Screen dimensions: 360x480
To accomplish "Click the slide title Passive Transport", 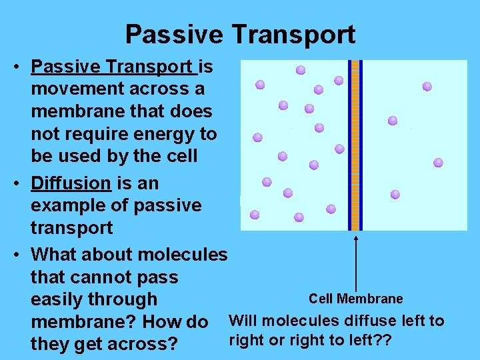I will click(x=240, y=34).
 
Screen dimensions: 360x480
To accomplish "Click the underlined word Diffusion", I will click(x=71, y=183).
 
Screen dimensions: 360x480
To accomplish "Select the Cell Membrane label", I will click(x=355, y=299).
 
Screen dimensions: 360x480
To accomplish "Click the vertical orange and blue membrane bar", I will click(x=355, y=145).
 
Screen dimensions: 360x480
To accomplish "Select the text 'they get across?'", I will click(x=104, y=345).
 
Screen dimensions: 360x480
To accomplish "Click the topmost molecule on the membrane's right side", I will click(x=427, y=87).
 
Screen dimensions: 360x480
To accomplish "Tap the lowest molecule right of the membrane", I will click(x=395, y=195).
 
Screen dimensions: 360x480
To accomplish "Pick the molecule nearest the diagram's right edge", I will click(x=438, y=162).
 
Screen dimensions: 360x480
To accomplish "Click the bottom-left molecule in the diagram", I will click(x=255, y=215).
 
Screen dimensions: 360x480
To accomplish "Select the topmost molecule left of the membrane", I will click(x=301, y=70).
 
